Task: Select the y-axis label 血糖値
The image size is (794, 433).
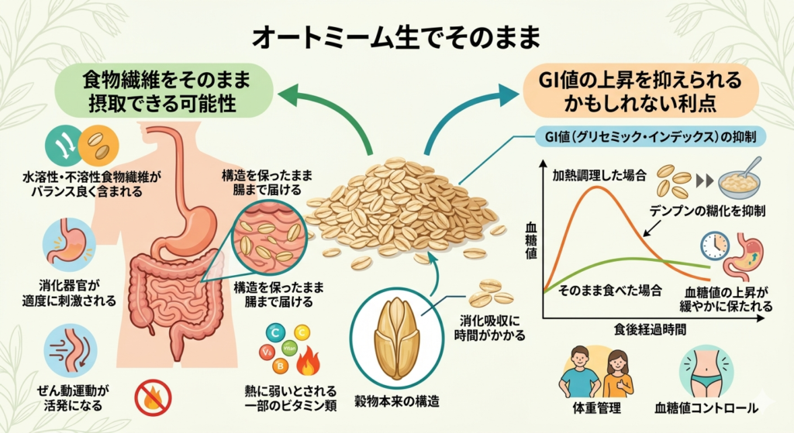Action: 530,242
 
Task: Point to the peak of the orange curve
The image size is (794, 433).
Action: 595,188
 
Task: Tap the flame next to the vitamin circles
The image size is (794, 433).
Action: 309,360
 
